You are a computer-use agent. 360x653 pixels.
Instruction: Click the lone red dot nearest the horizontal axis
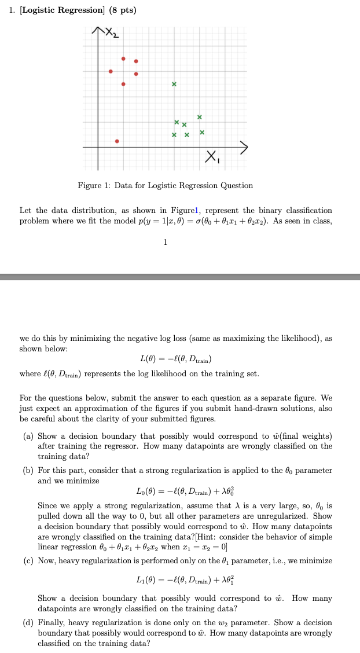[117, 141]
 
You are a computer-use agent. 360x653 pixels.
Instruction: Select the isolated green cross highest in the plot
[174, 85]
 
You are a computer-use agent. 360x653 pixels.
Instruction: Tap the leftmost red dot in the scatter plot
[111, 71]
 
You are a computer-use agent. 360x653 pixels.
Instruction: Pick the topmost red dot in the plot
[123, 58]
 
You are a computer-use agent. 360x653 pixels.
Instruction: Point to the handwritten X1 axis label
[212, 156]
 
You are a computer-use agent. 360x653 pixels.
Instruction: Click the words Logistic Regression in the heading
[63, 10]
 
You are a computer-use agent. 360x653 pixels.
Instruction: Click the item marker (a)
[28, 436]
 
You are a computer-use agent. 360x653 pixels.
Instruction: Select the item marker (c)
[28, 560]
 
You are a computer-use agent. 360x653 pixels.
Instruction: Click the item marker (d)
[28, 623]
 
